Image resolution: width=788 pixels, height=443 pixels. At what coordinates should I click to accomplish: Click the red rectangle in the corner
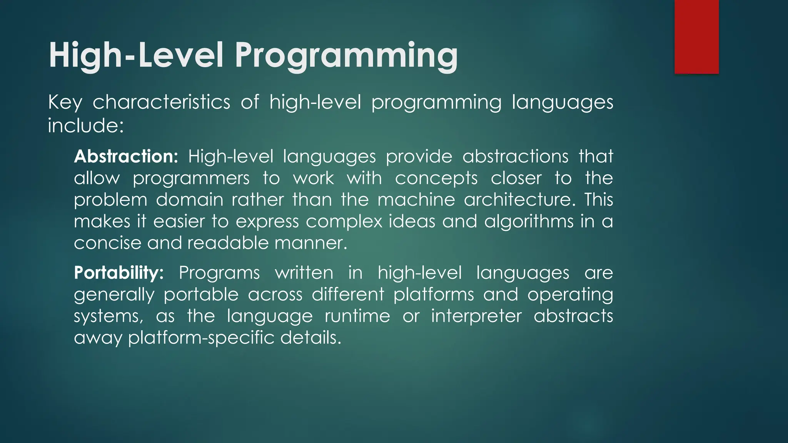[x=696, y=37]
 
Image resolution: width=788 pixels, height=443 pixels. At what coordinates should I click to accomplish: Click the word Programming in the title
[x=346, y=56]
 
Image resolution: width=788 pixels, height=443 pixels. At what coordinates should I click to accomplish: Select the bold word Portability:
[x=119, y=273]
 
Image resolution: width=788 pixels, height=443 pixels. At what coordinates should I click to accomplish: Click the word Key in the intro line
[x=65, y=103]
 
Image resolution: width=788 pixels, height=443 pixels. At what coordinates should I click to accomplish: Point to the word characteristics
[x=161, y=102]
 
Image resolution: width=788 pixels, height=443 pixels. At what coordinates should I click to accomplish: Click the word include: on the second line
[x=86, y=126]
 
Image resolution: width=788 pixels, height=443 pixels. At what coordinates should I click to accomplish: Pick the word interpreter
[x=476, y=316]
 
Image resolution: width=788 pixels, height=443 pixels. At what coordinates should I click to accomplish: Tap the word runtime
[x=357, y=316]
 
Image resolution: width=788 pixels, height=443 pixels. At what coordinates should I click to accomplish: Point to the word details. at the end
[x=311, y=338]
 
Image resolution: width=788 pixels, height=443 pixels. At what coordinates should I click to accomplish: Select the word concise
[x=107, y=243]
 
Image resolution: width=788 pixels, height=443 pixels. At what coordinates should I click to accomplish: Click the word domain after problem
[x=189, y=200]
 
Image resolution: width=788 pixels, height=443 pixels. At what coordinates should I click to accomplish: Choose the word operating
[x=570, y=295]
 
